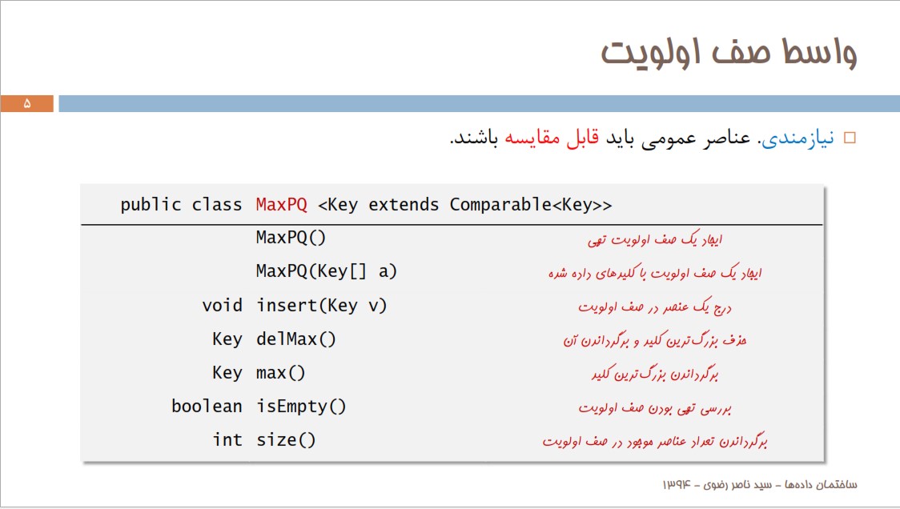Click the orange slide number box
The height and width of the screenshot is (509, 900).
27,103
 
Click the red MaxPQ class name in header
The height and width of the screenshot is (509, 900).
281,204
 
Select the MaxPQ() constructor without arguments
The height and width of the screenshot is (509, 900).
291,238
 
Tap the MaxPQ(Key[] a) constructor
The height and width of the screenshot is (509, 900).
326,271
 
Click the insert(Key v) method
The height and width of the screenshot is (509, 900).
321,305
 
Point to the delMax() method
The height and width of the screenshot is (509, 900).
295,339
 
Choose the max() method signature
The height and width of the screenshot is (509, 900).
281,373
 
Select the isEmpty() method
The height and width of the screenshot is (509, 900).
301,407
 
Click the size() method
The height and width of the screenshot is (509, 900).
286,440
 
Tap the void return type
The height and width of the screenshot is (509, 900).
222,305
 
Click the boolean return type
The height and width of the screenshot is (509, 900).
207,407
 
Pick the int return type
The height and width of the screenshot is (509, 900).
227,440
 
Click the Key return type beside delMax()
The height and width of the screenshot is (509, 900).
227,339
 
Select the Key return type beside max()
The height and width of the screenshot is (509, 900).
227,373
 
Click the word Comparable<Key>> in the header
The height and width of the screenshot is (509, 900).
531,204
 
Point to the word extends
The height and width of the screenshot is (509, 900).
404,204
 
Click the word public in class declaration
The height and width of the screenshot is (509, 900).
151,205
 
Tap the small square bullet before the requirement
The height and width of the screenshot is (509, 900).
850,138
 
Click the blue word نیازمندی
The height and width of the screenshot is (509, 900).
798,138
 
